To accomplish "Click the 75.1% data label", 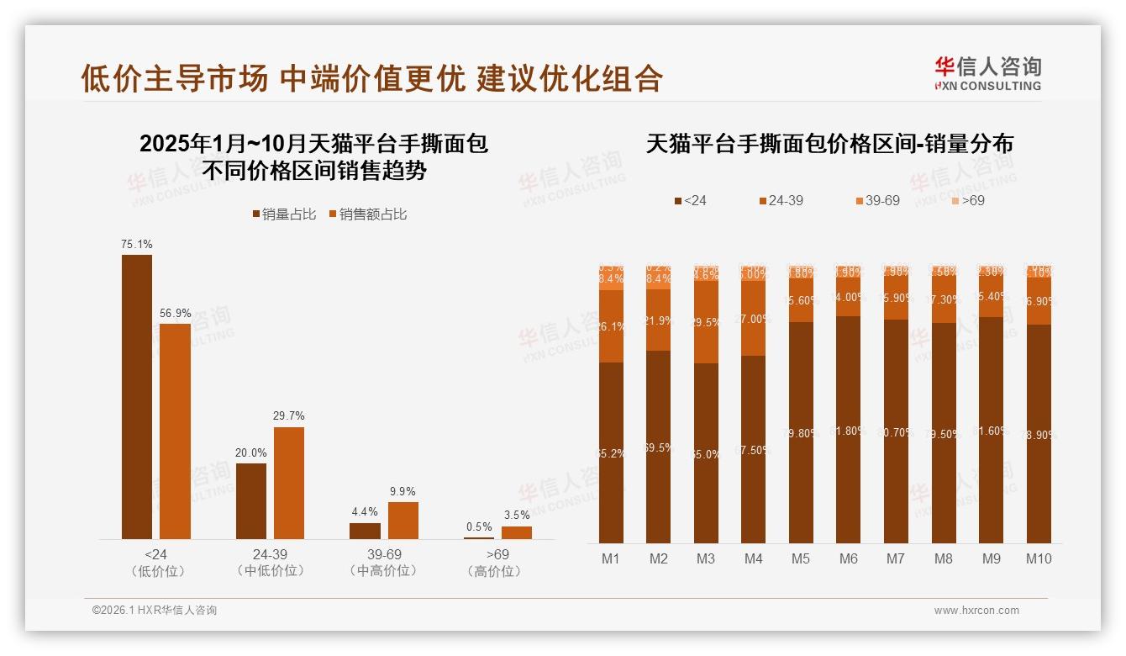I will point(137,244).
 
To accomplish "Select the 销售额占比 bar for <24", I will point(176,431).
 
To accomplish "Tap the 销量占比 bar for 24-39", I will point(251,500).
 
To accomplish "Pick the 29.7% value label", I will point(289,415).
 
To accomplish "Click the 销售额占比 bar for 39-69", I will point(403,521).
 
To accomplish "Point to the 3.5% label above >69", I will point(517,515).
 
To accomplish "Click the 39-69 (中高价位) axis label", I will point(383,563).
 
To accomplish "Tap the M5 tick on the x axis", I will point(801,558).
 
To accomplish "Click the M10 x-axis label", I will point(1039,558).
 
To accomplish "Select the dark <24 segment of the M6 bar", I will point(848,429).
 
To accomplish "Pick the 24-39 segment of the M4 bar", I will point(754,318).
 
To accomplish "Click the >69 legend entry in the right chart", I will point(967,201).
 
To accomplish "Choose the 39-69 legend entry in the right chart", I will point(877,201).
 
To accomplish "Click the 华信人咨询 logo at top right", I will point(988,73).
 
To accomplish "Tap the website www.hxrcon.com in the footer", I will point(976,611).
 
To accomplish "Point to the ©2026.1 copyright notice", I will point(154,611).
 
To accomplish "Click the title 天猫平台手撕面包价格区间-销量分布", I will point(829,144).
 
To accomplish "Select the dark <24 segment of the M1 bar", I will point(612,452).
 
